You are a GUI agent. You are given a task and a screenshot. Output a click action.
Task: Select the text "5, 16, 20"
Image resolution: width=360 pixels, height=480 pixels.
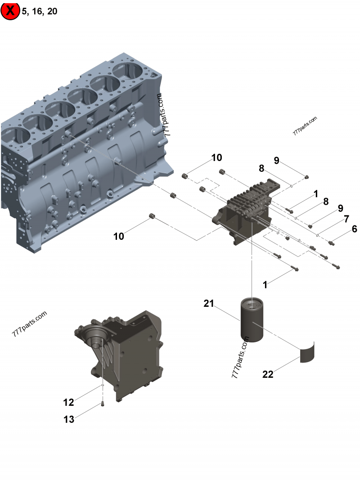pyautogui.click(x=40, y=11)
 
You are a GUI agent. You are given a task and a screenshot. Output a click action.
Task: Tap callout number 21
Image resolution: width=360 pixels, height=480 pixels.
pyautogui.click(x=208, y=304)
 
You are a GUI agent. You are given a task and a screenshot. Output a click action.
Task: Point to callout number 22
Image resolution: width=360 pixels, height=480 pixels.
pyautogui.click(x=268, y=374)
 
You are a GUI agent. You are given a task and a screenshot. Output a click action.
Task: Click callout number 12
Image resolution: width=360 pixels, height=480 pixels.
pyautogui.click(x=68, y=402)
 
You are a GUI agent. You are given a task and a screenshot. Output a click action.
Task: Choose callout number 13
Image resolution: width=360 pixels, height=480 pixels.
pyautogui.click(x=68, y=420)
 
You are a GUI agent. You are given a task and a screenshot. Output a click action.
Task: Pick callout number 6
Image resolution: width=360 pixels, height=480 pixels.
pyautogui.click(x=355, y=229)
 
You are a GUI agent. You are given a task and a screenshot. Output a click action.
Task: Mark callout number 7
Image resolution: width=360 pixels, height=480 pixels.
pyautogui.click(x=346, y=219)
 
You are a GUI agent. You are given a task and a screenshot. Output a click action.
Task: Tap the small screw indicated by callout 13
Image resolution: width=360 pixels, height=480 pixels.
pyautogui.click(x=103, y=404)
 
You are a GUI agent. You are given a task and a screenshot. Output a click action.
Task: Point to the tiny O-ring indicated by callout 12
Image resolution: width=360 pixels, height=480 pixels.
pyautogui.click(x=103, y=386)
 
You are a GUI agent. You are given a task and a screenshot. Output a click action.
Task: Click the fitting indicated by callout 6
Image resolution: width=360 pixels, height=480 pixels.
pyautogui.click(x=333, y=243)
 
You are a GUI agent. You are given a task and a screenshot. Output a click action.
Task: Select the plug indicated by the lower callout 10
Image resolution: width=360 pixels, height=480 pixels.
pyautogui.click(x=152, y=218)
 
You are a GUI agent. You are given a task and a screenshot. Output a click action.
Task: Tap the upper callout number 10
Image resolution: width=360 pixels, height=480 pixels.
pyautogui.click(x=217, y=157)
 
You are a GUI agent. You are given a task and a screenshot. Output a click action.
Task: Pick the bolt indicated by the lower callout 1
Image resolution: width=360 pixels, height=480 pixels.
pyautogui.click(x=295, y=269)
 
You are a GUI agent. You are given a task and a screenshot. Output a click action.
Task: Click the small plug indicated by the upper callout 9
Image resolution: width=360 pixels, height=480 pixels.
pyautogui.click(x=306, y=177)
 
